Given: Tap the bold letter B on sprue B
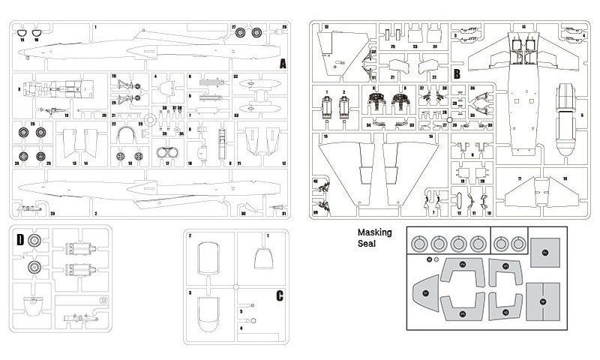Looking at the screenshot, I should pos(456,73).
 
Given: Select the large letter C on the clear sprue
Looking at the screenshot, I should pos(278,295).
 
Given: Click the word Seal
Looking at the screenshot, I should pos(368,244).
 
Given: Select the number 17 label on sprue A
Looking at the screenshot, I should pos(166,163).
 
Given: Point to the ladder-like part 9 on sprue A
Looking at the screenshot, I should pos(223,142).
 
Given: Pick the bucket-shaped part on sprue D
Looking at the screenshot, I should pos(31,305).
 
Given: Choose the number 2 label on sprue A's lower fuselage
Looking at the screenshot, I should pos(95,214).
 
